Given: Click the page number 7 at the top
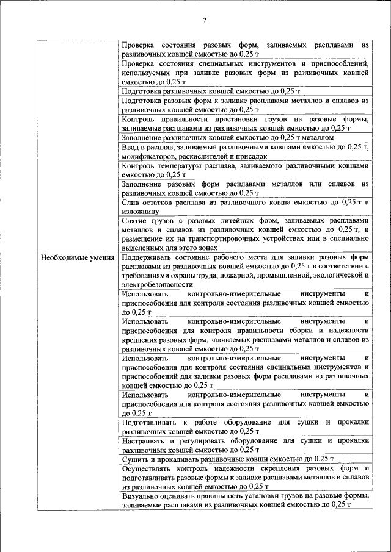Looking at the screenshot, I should coord(205,20).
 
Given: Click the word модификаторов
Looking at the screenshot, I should coord(147,156).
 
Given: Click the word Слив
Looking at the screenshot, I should coord(131,202).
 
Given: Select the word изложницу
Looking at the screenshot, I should coord(141,211).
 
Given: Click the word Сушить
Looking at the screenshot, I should coord(134,459).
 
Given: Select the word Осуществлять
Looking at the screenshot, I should coord(147,468).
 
